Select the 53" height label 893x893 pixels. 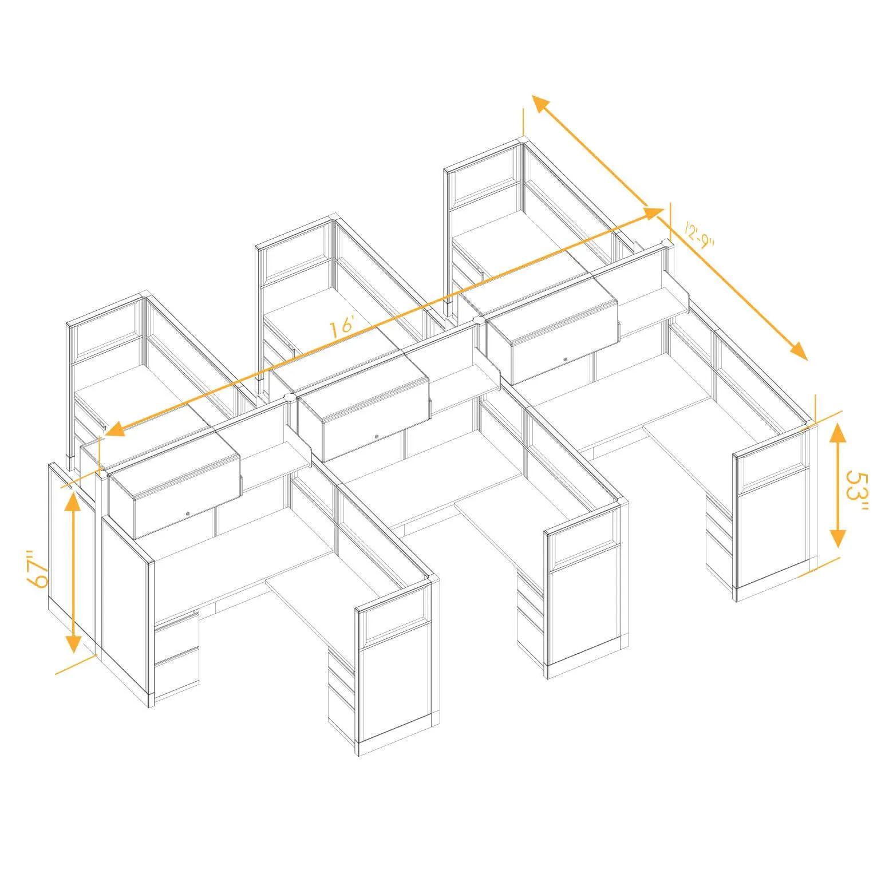click(858, 492)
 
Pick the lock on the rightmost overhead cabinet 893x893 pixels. click(565, 360)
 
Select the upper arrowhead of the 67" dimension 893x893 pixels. click(73, 500)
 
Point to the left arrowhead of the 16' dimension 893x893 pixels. click(114, 428)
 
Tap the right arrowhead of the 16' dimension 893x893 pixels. click(653, 213)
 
